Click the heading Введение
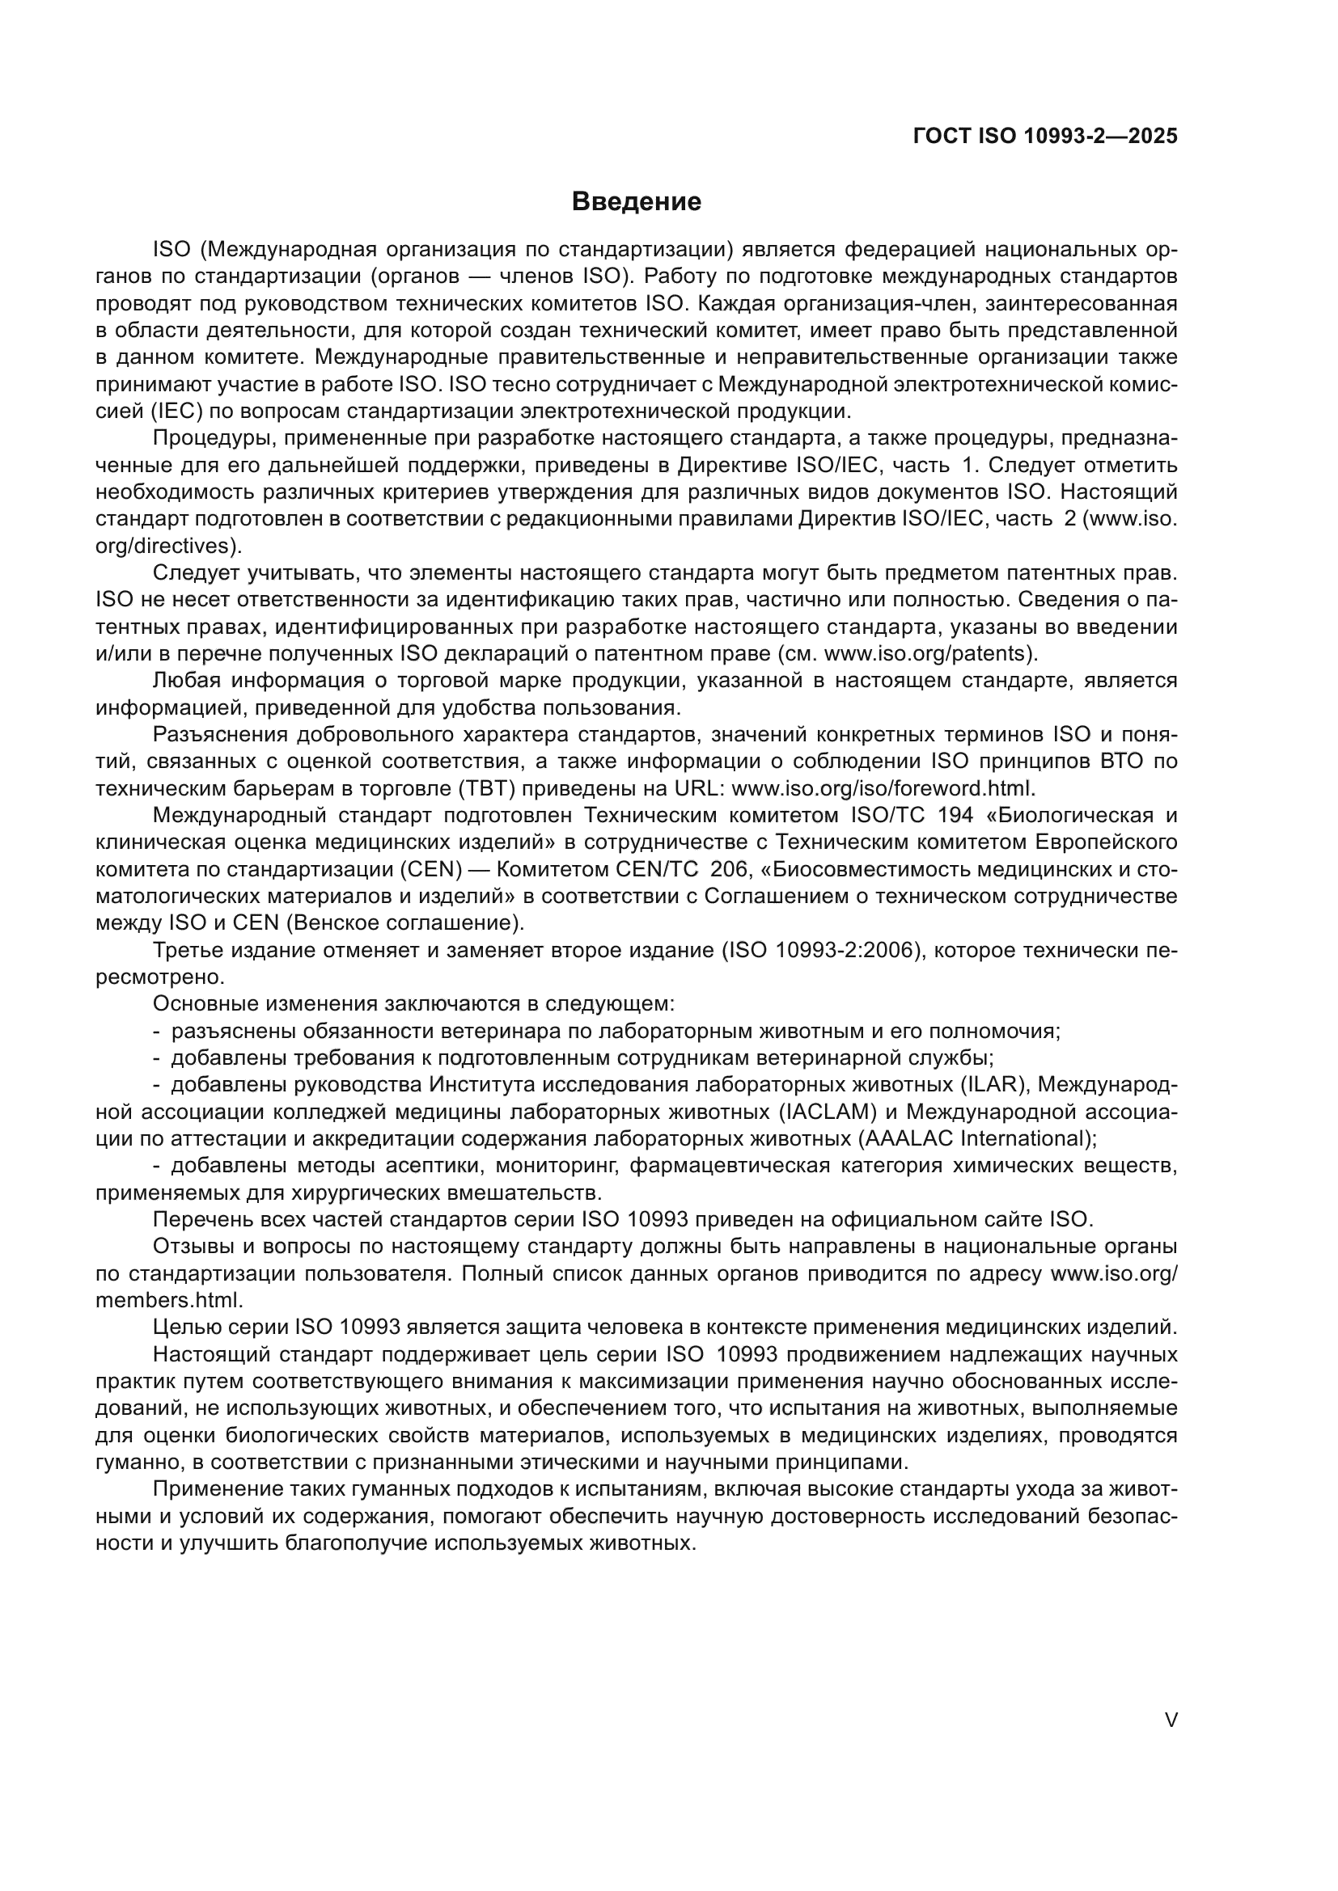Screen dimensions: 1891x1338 coord(636,202)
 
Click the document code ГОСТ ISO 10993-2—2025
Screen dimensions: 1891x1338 coord(1044,136)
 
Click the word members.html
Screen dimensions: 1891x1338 coord(169,1301)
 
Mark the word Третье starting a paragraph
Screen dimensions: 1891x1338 coord(188,951)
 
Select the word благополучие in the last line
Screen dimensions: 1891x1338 coord(357,1543)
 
